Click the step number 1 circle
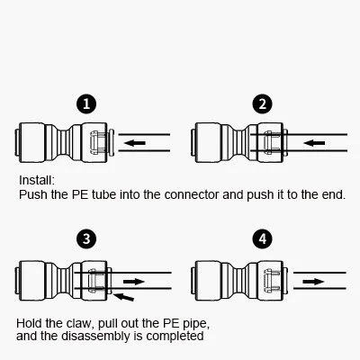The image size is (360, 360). click(x=85, y=104)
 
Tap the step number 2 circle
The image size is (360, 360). click(x=262, y=104)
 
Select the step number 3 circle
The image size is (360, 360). click(x=85, y=238)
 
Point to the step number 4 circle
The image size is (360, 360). click(x=262, y=238)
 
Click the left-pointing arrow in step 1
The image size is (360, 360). click(x=134, y=142)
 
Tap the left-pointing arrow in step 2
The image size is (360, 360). click(x=312, y=142)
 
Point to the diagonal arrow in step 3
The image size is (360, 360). click(x=130, y=293)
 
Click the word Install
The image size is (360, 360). click(x=37, y=179)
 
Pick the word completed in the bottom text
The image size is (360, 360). click(x=176, y=337)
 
